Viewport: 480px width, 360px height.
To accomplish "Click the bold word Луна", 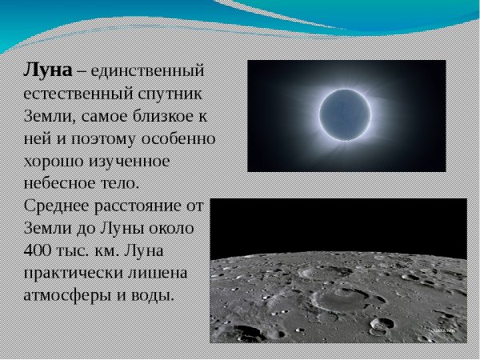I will tap(47, 70).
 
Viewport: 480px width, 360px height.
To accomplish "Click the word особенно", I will tap(180, 138).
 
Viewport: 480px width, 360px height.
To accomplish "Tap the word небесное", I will tap(56, 183).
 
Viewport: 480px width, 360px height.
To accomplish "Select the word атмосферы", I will tap(67, 295).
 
